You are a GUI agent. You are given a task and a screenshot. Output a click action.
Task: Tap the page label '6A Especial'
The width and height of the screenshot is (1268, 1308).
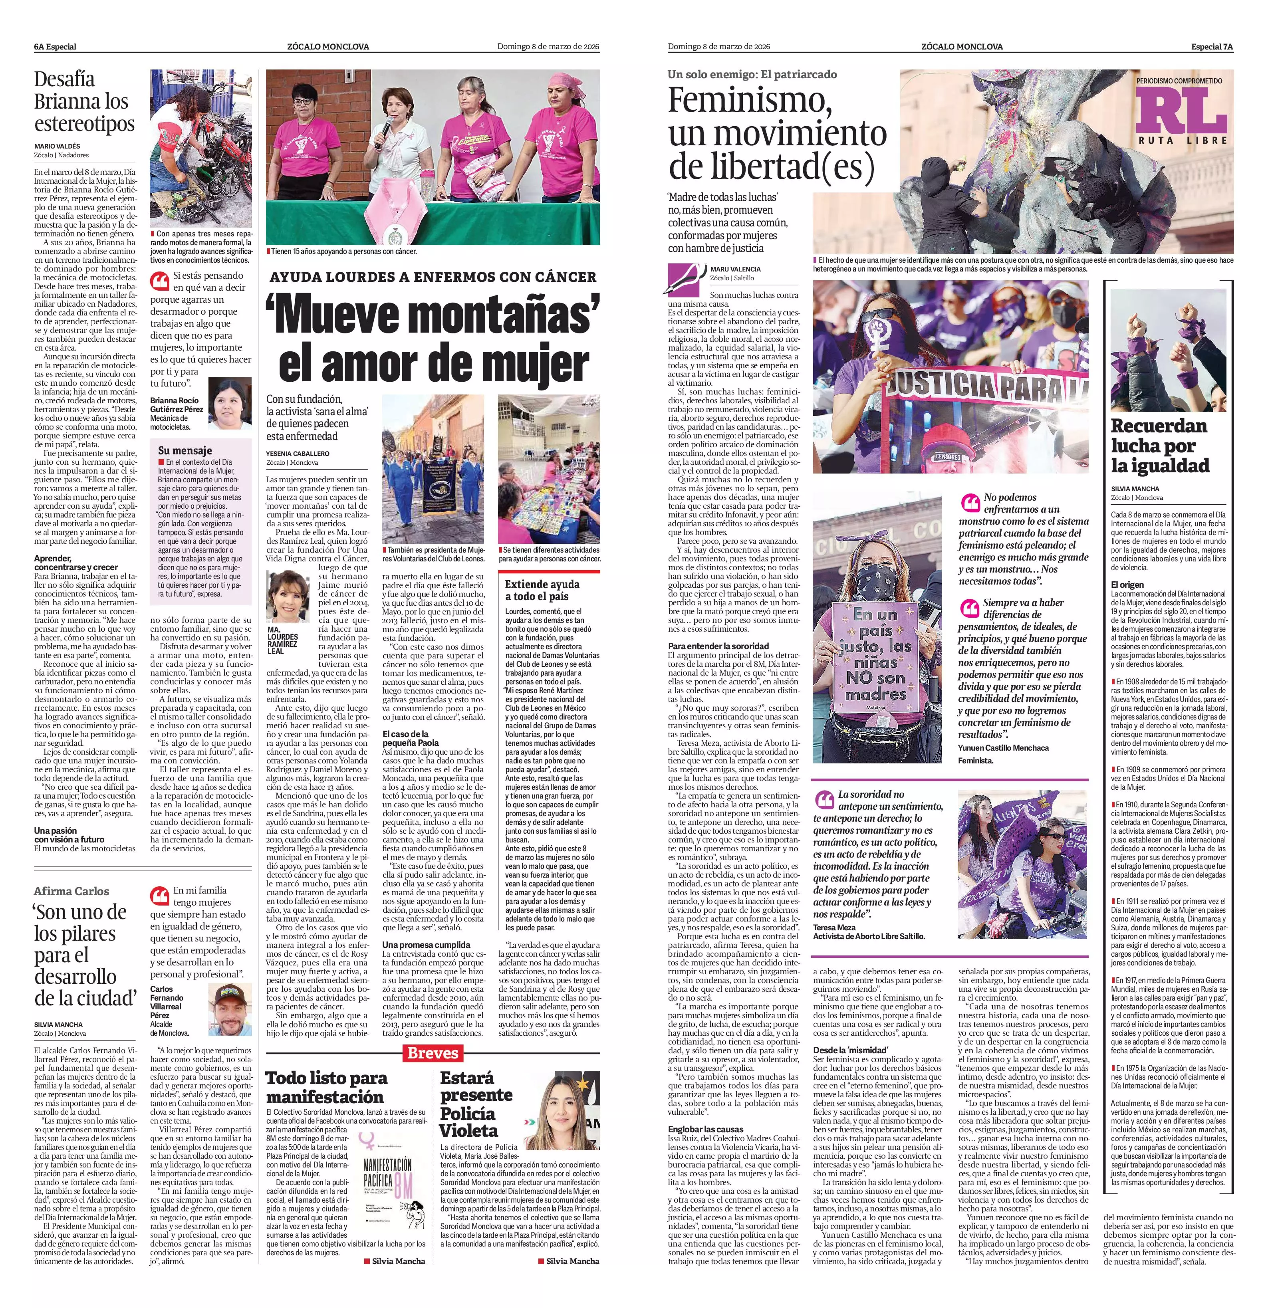click(56, 47)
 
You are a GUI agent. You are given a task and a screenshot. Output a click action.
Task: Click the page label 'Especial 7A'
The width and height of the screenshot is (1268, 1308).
click(1212, 47)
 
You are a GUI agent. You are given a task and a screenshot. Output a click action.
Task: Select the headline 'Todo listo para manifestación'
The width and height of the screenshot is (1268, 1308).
click(325, 1087)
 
